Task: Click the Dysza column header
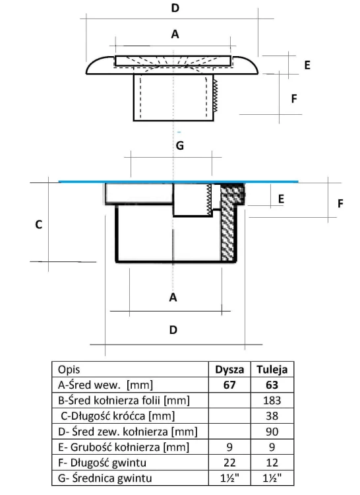tap(229, 370)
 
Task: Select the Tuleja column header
tap(272, 370)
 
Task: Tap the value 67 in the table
tap(229, 385)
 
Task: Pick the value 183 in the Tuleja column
tap(272, 401)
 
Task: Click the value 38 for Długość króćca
tap(272, 416)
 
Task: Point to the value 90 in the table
tap(272, 431)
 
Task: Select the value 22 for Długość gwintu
tap(229, 463)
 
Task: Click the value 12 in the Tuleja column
tap(272, 463)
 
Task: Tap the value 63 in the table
tap(272, 385)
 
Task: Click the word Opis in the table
tap(69, 370)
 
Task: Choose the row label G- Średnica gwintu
tap(105, 478)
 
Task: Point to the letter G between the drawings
tap(180, 146)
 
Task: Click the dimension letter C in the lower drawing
tap(38, 224)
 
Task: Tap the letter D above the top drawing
tap(175, 8)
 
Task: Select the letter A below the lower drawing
tap(173, 297)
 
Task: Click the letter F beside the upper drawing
tap(294, 99)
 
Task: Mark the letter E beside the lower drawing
tap(281, 199)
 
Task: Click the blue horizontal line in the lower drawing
tap(179, 181)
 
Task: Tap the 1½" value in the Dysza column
tap(229, 478)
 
